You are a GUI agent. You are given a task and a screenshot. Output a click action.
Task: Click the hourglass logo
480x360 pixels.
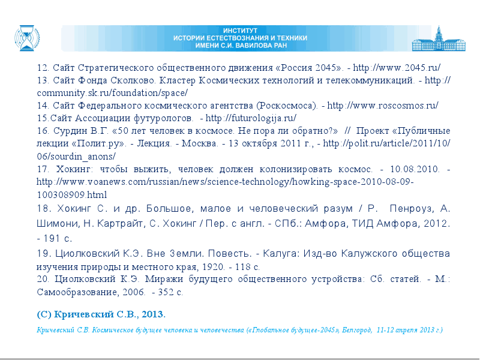[27, 38]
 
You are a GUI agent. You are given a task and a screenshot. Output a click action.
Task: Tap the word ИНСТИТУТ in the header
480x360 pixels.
[241, 31]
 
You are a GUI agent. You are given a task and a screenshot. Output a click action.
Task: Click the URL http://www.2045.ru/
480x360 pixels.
[397, 67]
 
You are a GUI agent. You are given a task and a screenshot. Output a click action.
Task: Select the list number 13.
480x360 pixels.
[43, 80]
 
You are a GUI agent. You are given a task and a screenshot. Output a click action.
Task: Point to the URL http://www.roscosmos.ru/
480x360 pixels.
[383, 106]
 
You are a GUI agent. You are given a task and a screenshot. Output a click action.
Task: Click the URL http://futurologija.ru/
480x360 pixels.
[251, 118]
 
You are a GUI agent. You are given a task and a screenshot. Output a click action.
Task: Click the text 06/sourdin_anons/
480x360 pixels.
[76, 157]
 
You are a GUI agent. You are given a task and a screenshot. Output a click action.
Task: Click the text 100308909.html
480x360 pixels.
[72, 194]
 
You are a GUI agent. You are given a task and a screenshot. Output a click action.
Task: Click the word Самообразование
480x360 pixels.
[77, 292]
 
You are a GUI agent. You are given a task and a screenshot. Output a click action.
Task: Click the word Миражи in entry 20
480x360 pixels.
[164, 279]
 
